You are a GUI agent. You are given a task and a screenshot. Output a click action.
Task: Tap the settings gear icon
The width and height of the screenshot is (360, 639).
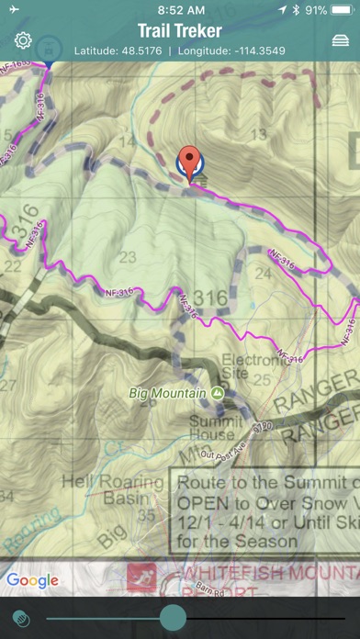[x=23, y=41]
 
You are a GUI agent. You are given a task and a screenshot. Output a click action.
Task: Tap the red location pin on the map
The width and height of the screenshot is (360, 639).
[x=190, y=162]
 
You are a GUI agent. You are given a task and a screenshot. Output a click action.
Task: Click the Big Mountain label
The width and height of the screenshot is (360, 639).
[x=166, y=393]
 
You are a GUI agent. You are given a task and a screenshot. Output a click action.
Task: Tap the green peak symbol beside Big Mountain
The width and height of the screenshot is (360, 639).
[x=217, y=393]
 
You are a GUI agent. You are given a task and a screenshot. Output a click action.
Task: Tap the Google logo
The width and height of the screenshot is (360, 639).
[x=32, y=579]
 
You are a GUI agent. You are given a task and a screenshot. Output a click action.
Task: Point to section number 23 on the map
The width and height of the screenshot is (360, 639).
[x=128, y=257]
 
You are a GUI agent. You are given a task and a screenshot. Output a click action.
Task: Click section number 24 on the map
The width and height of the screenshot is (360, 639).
[x=264, y=273]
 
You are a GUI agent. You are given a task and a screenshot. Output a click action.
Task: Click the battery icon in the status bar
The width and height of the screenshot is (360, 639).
[x=342, y=9]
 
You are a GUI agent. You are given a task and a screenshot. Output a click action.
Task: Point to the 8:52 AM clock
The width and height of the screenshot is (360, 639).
[x=179, y=9]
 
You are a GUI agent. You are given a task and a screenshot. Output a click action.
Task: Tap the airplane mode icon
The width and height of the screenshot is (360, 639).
[x=12, y=9]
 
